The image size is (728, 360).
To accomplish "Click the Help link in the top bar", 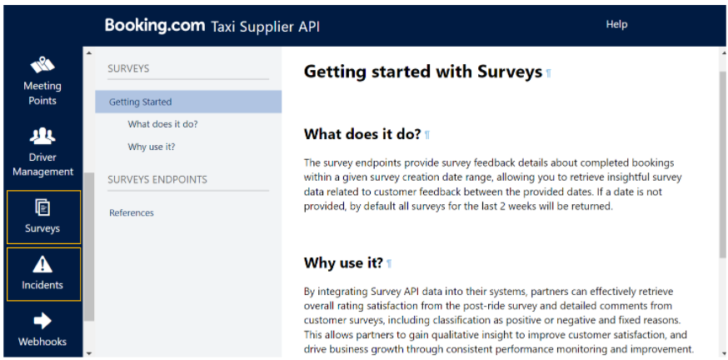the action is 616,24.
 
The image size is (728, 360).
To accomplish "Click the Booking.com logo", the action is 155,25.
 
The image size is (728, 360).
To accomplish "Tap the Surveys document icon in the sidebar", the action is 42,207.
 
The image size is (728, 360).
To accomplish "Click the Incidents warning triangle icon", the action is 42,264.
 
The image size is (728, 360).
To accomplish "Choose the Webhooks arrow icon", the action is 42,321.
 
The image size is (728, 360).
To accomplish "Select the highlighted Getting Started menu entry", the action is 188,102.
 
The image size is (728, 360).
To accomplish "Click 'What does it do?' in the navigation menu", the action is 163,124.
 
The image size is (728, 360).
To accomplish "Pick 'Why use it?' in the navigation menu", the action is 152,147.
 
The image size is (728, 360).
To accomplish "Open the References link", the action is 132,212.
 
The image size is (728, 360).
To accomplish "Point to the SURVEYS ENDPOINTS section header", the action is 157,179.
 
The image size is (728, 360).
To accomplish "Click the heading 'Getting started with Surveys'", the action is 423,72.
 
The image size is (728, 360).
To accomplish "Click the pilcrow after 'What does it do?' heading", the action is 427,135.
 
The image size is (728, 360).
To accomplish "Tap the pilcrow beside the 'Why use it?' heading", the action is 389,264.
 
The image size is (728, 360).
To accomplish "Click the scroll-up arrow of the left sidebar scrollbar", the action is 88,52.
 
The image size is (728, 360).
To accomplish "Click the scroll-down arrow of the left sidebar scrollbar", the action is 88,353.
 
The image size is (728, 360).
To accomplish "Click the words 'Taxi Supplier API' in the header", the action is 265,27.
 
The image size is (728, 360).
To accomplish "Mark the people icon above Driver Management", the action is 42,135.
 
